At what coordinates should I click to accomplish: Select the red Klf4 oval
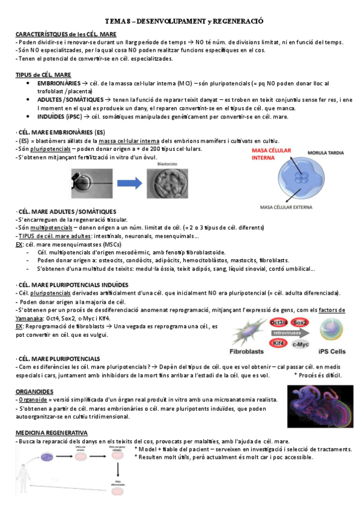coord(279,343)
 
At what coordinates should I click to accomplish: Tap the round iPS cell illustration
coord(331,330)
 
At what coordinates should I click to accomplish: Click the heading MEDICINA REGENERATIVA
coord(51,432)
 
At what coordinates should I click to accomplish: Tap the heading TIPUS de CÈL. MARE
coord(43,75)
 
